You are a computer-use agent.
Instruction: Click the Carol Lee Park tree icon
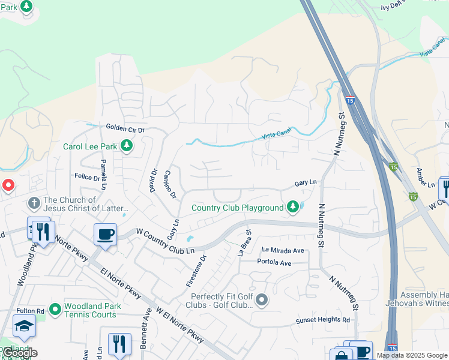pyautogui.click(x=126, y=146)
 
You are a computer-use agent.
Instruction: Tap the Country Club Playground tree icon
pyautogui.click(x=293, y=208)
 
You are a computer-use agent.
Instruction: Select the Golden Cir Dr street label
pyautogui.click(x=125, y=128)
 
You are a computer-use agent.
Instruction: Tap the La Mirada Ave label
pyautogui.click(x=283, y=250)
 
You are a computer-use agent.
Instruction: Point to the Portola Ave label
pyautogui.click(x=274, y=263)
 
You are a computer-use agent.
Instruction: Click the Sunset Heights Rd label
pyautogui.click(x=322, y=320)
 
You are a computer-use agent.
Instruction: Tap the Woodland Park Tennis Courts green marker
pyautogui.click(x=55, y=310)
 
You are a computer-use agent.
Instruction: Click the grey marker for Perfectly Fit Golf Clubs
pyautogui.click(x=262, y=299)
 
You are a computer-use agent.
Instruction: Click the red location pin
pyautogui.click(x=8, y=185)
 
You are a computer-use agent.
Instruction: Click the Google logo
pyautogui.click(x=20, y=353)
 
